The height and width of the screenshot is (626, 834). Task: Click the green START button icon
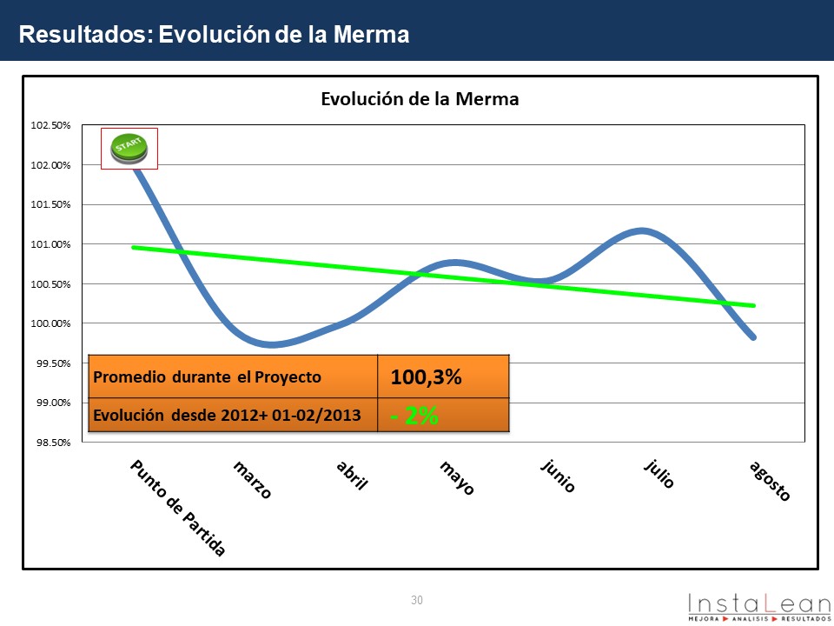pyautogui.click(x=129, y=149)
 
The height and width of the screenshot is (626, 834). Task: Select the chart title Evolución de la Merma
pyautogui.click(x=420, y=99)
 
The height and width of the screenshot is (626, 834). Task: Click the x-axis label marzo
pyautogui.click(x=253, y=480)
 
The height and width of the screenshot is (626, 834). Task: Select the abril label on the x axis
pyautogui.click(x=352, y=477)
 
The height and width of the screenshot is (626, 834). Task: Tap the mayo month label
pyautogui.click(x=457, y=479)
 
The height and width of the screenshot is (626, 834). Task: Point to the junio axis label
pyautogui.click(x=558, y=477)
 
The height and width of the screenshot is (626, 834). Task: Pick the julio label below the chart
pyautogui.click(x=659, y=476)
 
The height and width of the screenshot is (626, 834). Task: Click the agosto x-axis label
pyautogui.click(x=770, y=482)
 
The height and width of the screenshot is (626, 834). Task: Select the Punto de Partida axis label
pyautogui.click(x=178, y=509)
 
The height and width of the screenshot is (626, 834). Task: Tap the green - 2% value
pyautogui.click(x=414, y=416)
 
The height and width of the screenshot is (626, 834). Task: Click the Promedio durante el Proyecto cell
pyautogui.click(x=207, y=377)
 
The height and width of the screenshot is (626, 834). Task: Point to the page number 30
pyautogui.click(x=417, y=600)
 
